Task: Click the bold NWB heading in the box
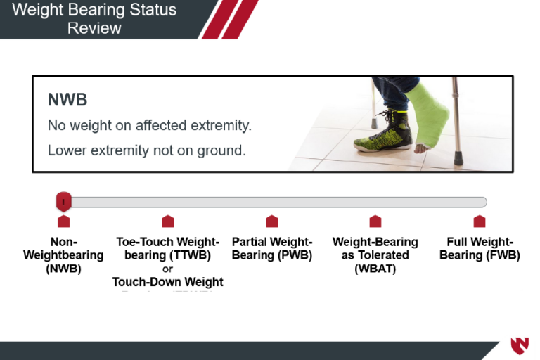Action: tap(67, 100)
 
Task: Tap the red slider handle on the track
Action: tap(63, 202)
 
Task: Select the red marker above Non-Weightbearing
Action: tap(63, 221)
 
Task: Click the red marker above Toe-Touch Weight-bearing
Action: tap(167, 221)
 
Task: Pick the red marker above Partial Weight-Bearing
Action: tap(271, 221)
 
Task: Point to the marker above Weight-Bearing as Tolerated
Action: tap(375, 221)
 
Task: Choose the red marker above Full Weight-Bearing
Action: tap(480, 221)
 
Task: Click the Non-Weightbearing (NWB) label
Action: tap(63, 255)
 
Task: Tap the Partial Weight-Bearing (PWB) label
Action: tap(271, 248)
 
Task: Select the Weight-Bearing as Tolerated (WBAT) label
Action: tap(375, 255)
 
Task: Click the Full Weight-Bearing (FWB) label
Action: tap(480, 248)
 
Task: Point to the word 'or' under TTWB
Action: tap(167, 269)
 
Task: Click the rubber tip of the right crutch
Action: tap(458, 156)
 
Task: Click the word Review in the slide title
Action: tap(94, 28)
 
